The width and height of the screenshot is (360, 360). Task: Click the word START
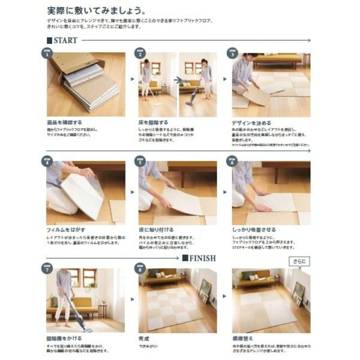click(66, 40)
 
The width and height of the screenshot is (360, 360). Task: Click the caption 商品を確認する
click(65, 122)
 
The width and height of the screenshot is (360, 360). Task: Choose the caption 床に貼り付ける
click(157, 230)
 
